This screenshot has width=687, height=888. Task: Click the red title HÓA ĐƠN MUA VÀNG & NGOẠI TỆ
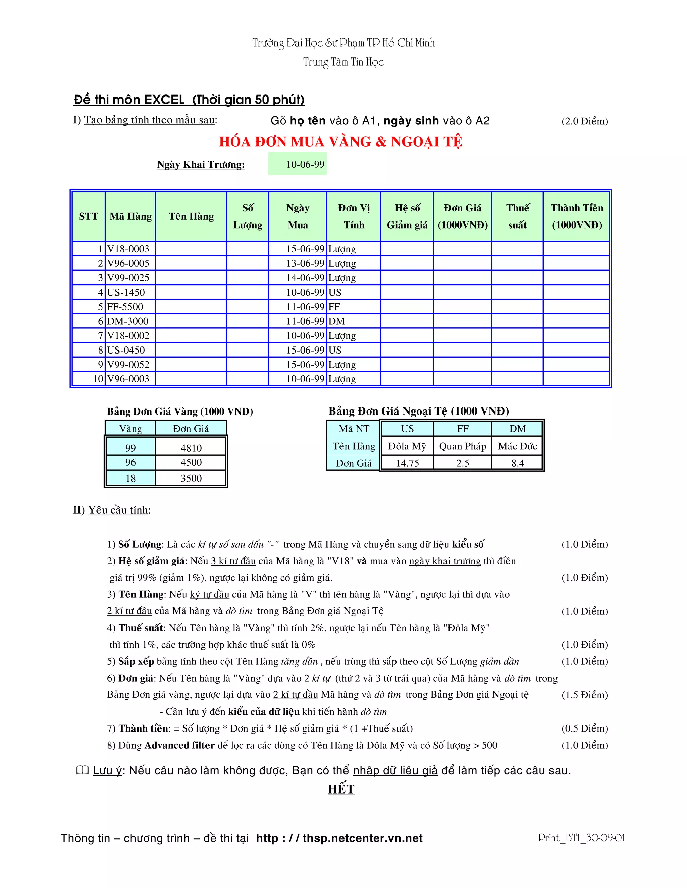click(341, 141)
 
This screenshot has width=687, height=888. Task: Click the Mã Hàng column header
click(130, 216)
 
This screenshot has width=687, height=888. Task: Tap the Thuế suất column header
click(517, 216)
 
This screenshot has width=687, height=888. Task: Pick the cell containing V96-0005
click(128, 263)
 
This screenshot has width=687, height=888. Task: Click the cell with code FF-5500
click(125, 307)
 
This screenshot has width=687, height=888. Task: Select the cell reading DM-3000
click(128, 321)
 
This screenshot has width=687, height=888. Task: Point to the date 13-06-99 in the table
click(305, 263)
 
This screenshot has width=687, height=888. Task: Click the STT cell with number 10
click(98, 379)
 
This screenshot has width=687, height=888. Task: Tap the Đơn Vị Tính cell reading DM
click(337, 321)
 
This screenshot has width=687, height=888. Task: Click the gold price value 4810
click(191, 448)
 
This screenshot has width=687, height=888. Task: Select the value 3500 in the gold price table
click(191, 478)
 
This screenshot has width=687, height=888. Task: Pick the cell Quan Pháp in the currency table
click(462, 446)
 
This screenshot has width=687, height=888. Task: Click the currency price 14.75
click(407, 463)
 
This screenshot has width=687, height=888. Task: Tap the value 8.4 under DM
click(517, 463)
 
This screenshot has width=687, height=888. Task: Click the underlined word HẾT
click(341, 789)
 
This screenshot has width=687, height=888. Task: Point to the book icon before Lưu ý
click(82, 770)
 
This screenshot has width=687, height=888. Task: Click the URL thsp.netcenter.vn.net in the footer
click(362, 838)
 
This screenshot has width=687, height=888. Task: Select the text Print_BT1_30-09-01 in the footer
click(582, 838)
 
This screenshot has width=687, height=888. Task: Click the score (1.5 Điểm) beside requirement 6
click(584, 695)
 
